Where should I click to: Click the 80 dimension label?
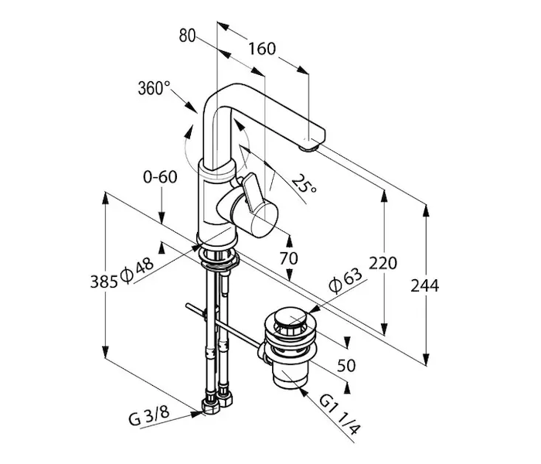pyautogui.click(x=187, y=35)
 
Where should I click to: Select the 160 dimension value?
pyautogui.click(x=263, y=49)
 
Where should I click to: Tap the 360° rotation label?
pyautogui.click(x=154, y=88)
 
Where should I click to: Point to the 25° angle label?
pyautogui.click(x=304, y=186)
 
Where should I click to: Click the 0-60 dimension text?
pyautogui.click(x=160, y=176)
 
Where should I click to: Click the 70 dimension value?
pyautogui.click(x=288, y=259)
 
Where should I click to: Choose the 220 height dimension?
pyautogui.click(x=383, y=264)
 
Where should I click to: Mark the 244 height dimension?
pyautogui.click(x=425, y=285)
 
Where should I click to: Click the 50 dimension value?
pyautogui.click(x=345, y=366)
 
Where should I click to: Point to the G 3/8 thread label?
pyautogui.click(x=149, y=418)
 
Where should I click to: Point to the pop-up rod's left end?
pyautogui.click(x=189, y=308)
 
